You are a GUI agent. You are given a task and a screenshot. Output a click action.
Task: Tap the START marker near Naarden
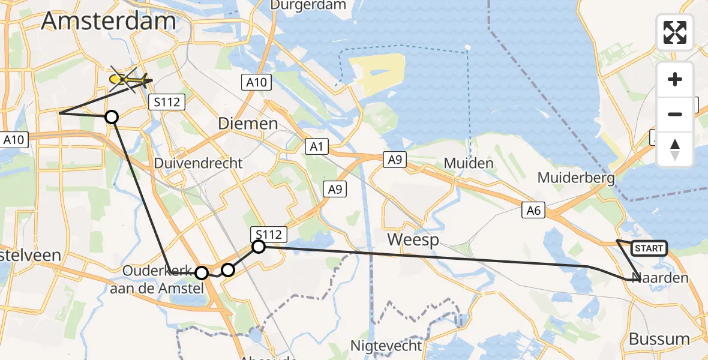click(649, 248)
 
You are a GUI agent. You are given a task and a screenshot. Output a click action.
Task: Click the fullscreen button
click(675, 32)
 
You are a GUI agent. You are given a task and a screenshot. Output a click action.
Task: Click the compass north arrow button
click(675, 149)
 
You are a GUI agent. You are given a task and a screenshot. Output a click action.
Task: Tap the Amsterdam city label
click(109, 22)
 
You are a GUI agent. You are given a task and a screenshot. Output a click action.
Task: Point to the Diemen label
click(248, 124)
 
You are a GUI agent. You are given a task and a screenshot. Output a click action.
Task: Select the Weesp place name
click(413, 240)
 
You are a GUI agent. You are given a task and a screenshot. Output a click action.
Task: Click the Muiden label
click(469, 163)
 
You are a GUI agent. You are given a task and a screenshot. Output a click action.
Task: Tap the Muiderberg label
click(577, 178)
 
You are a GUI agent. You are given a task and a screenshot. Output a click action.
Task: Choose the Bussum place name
click(659, 339)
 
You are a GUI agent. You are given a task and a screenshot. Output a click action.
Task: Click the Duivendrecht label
click(198, 163)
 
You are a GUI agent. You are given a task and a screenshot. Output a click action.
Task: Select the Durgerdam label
click(308, 5)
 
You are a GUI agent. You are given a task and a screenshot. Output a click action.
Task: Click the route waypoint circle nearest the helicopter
click(112, 116)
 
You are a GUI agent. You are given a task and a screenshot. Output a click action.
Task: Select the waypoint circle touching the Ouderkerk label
click(202, 273)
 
